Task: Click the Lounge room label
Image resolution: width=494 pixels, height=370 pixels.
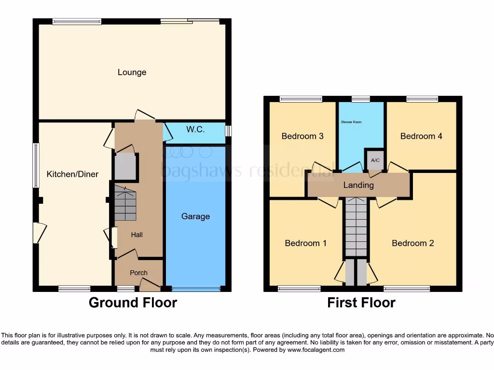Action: [x=132, y=72]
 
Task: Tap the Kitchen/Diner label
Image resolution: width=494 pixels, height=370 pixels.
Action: [x=72, y=174]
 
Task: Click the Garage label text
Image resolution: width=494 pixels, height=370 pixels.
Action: [x=195, y=216]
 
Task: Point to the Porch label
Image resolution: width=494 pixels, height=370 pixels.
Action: [x=138, y=273]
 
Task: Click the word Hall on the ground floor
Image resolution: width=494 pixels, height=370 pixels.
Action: [x=137, y=235]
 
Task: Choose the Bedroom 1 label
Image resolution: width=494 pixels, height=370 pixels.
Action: [x=305, y=243]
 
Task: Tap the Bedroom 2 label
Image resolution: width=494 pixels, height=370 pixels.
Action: [x=412, y=243]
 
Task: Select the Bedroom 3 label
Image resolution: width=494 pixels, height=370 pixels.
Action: [x=302, y=136]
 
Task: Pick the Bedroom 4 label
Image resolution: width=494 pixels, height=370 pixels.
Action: [x=421, y=136]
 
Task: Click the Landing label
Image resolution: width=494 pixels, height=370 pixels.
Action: [x=358, y=185]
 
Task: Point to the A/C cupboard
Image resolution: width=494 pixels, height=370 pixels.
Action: [x=374, y=159]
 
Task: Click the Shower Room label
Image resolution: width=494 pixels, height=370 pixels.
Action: [x=351, y=122]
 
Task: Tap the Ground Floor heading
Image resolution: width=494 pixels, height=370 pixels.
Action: [x=133, y=303]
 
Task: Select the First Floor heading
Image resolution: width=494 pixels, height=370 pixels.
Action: [x=361, y=303]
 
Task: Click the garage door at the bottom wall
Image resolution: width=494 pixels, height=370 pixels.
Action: [x=195, y=289]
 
